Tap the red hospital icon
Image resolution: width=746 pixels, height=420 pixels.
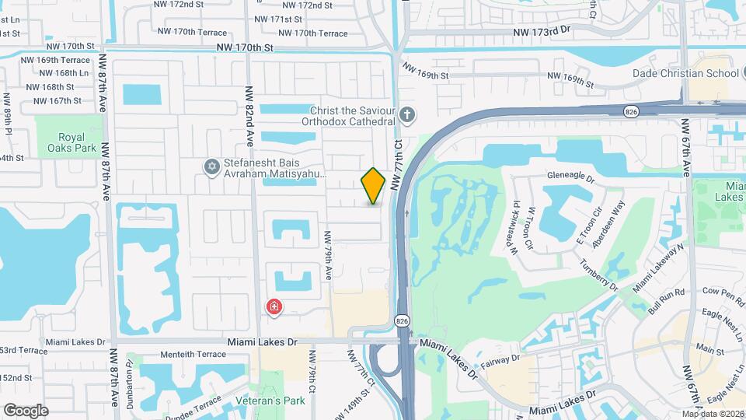274,307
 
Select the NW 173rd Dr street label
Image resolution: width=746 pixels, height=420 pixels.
542,31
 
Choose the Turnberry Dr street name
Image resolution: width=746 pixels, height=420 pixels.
598,276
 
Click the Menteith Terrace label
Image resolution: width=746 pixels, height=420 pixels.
192,354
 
